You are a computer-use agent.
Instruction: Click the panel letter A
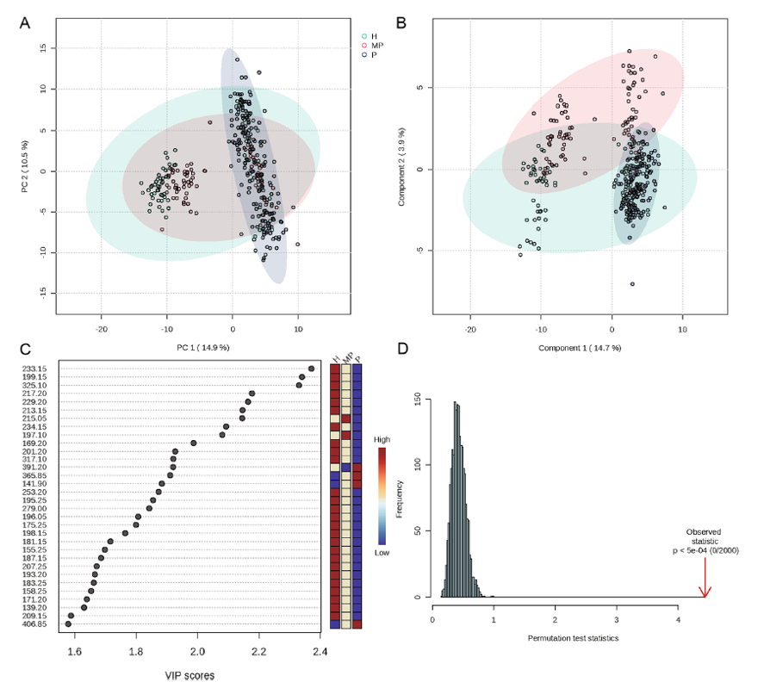pyautogui.click(x=25, y=23)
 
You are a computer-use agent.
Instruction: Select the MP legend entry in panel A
pyautogui.click(x=373, y=46)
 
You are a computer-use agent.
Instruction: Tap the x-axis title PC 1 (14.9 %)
pyautogui.click(x=202, y=347)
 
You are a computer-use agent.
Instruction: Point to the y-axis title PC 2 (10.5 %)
pyautogui.click(x=25, y=166)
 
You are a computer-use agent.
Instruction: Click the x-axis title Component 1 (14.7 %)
pyautogui.click(x=580, y=348)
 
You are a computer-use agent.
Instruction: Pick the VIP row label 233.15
pyautogui.click(x=34, y=369)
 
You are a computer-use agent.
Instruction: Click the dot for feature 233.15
pyautogui.click(x=311, y=369)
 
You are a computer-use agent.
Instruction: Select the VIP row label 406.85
pyautogui.click(x=34, y=624)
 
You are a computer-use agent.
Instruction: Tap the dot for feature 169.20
pyautogui.click(x=194, y=443)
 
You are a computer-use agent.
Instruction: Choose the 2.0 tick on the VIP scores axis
pyautogui.click(x=197, y=652)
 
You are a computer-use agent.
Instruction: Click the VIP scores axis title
pyautogui.click(x=189, y=675)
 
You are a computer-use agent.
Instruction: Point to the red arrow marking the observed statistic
pyautogui.click(x=705, y=577)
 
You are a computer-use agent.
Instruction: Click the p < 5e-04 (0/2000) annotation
pyautogui.click(x=705, y=550)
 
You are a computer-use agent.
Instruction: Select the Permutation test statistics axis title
pyautogui.click(x=573, y=638)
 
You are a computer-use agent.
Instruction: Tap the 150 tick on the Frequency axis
pyautogui.click(x=417, y=400)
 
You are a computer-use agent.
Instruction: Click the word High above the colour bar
pyautogui.click(x=382, y=439)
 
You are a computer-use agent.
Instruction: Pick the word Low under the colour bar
pyautogui.click(x=382, y=553)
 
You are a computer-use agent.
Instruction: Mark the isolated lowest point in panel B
pyautogui.click(x=632, y=284)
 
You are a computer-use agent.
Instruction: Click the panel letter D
pyautogui.click(x=403, y=349)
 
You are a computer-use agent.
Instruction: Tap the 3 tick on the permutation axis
pyautogui.click(x=617, y=620)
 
